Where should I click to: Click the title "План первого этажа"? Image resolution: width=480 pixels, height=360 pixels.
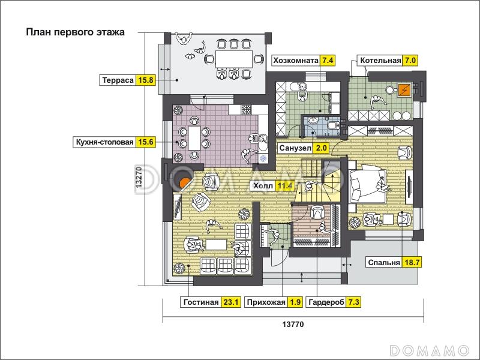click(x=76, y=32)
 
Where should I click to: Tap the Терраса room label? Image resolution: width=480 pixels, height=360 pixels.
click(x=118, y=80)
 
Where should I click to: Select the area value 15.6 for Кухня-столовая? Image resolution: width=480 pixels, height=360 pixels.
click(x=146, y=142)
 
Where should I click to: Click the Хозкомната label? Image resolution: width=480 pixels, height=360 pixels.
click(x=296, y=61)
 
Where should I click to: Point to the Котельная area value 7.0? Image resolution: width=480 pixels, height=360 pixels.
click(x=410, y=61)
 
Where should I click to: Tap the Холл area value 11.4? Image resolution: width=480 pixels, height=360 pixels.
click(x=284, y=185)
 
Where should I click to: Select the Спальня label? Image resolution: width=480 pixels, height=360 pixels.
click(x=384, y=262)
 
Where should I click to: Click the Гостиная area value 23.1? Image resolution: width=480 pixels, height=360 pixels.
click(x=231, y=302)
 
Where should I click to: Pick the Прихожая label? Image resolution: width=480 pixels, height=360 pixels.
click(x=266, y=302)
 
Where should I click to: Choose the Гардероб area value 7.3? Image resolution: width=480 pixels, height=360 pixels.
click(x=353, y=302)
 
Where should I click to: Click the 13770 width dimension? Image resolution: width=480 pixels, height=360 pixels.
click(x=293, y=325)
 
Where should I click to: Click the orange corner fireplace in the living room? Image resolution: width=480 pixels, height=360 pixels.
click(x=185, y=184)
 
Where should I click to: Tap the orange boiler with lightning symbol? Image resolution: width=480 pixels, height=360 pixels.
click(x=404, y=90)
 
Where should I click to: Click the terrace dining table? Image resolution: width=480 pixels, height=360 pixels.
click(x=234, y=59)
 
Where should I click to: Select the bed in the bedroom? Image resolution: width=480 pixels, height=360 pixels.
click(x=367, y=185)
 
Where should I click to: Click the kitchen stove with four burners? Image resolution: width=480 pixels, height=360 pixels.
click(x=246, y=109)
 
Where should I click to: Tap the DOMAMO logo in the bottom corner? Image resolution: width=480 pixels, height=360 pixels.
click(x=429, y=350)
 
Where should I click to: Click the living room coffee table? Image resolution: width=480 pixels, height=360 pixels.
click(x=216, y=244)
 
